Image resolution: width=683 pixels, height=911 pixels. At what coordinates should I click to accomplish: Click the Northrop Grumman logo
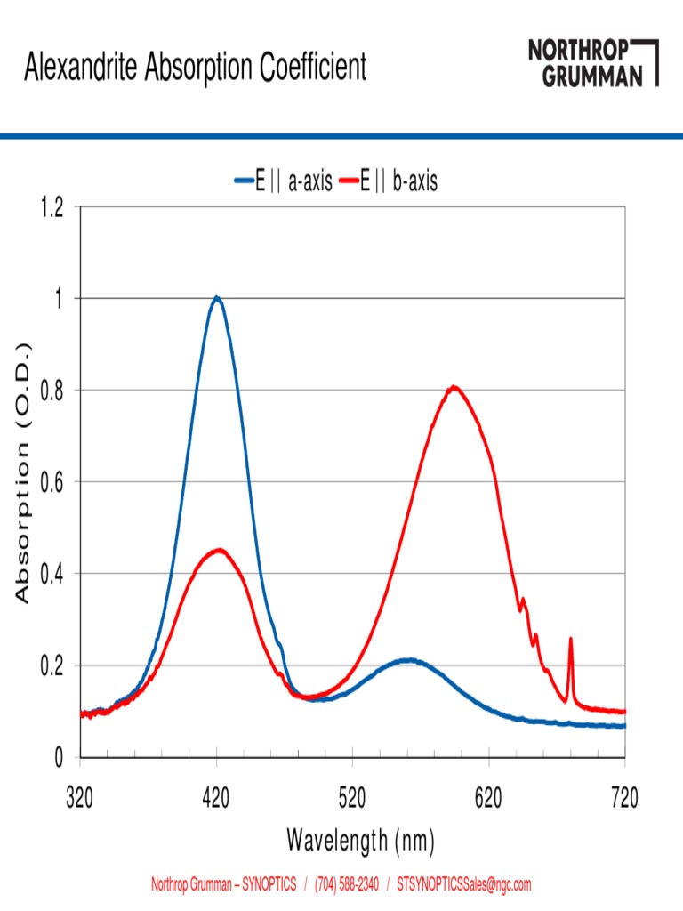click(x=592, y=62)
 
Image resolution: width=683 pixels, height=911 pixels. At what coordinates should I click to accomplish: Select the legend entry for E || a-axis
click(x=284, y=182)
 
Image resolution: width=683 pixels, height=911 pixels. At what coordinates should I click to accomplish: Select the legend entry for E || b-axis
click(x=398, y=182)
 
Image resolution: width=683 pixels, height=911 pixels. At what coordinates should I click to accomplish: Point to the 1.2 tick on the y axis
click(x=53, y=207)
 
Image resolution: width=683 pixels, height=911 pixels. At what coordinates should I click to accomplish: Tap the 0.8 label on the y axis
click(x=53, y=391)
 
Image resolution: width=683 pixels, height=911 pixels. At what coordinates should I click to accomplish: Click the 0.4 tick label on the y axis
click(x=53, y=574)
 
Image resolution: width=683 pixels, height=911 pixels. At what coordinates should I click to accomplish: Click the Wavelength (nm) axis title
click(x=360, y=839)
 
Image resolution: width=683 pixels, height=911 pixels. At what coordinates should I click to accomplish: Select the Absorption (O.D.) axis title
click(x=24, y=472)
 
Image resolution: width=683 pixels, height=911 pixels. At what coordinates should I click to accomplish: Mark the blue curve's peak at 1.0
click(x=216, y=298)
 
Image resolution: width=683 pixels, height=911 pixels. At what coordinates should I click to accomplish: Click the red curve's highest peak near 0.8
click(x=454, y=387)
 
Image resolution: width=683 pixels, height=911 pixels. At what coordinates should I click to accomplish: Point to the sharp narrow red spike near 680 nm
click(x=570, y=641)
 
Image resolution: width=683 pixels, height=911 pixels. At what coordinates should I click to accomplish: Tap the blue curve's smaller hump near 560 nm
click(x=408, y=660)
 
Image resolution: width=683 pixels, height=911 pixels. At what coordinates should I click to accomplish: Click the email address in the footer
click(x=463, y=884)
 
